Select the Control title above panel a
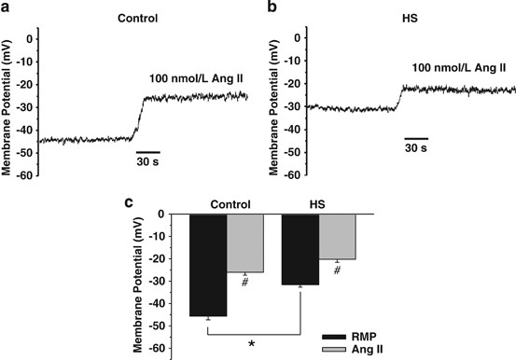coord(138,17)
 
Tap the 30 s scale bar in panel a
coord(147,150)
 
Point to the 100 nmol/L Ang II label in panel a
coord(194,81)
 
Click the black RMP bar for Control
coord(208,266)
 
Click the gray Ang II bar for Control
coord(245,243)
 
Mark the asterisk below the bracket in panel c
coord(254,344)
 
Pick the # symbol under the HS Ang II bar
coord(338,270)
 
